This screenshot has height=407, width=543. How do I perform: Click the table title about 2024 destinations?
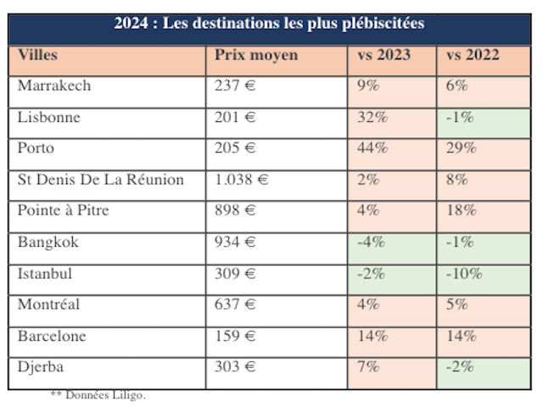[269, 24]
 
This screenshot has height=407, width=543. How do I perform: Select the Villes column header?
[38, 56]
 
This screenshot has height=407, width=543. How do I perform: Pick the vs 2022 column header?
[473, 56]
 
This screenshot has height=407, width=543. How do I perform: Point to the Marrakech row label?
[54, 86]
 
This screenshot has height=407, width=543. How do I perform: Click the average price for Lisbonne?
[235, 118]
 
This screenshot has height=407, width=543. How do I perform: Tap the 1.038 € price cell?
[241, 180]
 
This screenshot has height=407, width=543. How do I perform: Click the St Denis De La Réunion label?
[100, 180]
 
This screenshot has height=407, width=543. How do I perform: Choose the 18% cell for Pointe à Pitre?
[460, 210]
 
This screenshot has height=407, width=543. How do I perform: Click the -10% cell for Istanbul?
[463, 273]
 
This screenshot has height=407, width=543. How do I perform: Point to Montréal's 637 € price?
[235, 304]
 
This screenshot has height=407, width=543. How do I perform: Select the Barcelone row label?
[52, 336]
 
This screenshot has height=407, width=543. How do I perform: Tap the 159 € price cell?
[235, 336]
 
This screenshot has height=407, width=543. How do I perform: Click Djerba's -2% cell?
[460, 366]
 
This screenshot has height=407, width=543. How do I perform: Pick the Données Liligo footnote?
[98, 395]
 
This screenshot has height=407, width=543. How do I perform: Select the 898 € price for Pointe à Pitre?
[235, 210]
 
